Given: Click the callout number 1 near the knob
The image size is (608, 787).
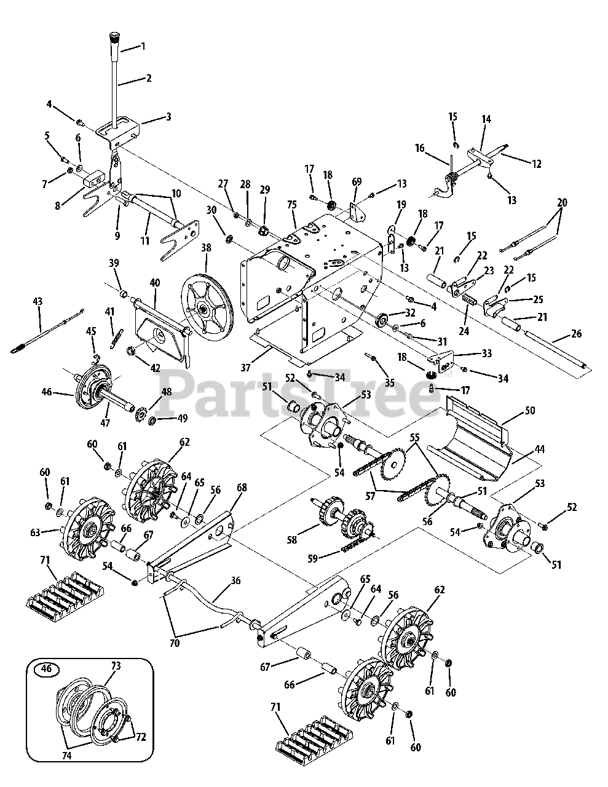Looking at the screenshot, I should pos(143,47).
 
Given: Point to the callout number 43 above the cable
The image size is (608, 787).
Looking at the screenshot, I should pos(38,302).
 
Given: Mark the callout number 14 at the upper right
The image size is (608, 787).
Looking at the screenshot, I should pos(486,119).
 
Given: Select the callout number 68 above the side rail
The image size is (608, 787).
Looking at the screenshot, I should pos(242,488).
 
